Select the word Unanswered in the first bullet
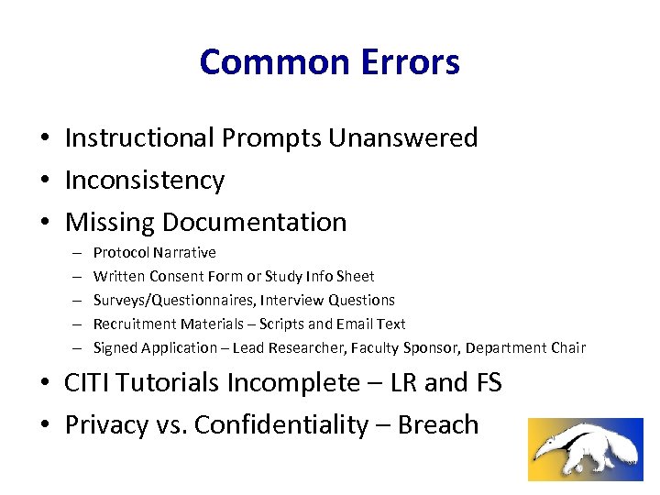[x=403, y=137]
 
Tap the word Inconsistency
[x=144, y=180]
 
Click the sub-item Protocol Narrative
[x=155, y=252]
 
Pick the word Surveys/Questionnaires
[x=175, y=300]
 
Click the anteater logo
[x=586, y=449]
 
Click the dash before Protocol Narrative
[x=72, y=252]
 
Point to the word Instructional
[x=138, y=137]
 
